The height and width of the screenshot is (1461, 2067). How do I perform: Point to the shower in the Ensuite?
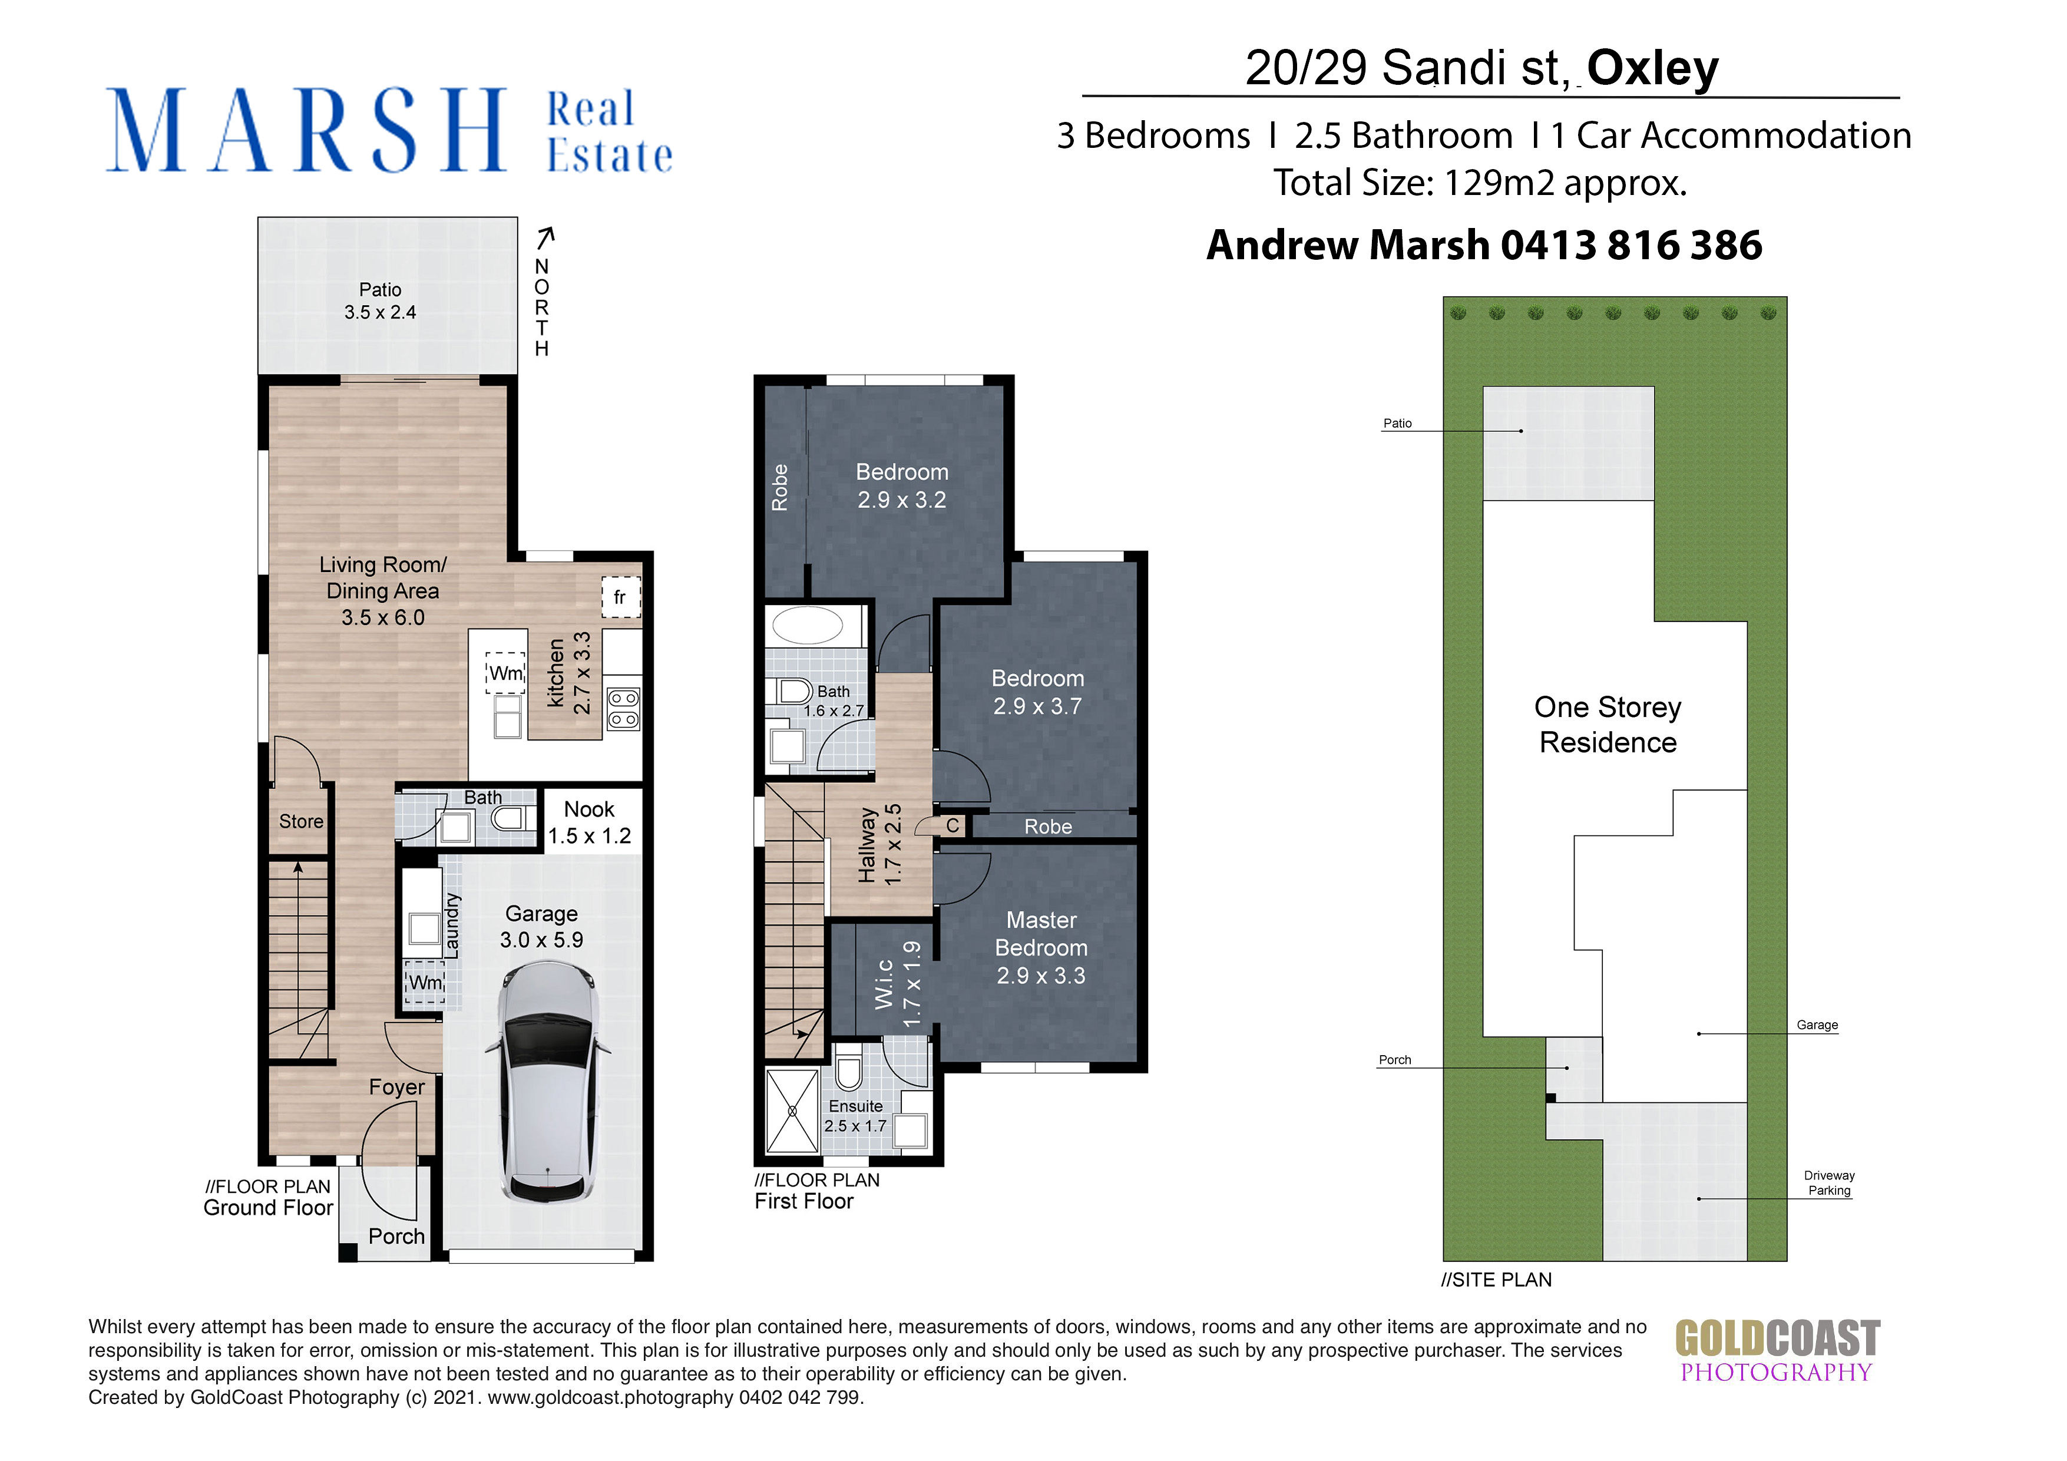(791, 1111)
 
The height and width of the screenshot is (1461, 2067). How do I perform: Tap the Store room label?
(300, 822)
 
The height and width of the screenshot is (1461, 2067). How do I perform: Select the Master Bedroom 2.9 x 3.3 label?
(1041, 948)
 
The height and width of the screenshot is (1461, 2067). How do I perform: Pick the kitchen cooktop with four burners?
(624, 709)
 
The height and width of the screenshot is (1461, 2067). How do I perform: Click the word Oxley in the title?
(1652, 68)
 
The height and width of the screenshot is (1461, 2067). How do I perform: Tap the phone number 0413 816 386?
(1631, 245)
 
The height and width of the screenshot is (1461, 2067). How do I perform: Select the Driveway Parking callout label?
(1828, 1183)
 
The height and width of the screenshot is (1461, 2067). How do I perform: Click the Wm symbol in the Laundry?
(426, 982)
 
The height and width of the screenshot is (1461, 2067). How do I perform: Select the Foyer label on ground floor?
(396, 1088)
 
